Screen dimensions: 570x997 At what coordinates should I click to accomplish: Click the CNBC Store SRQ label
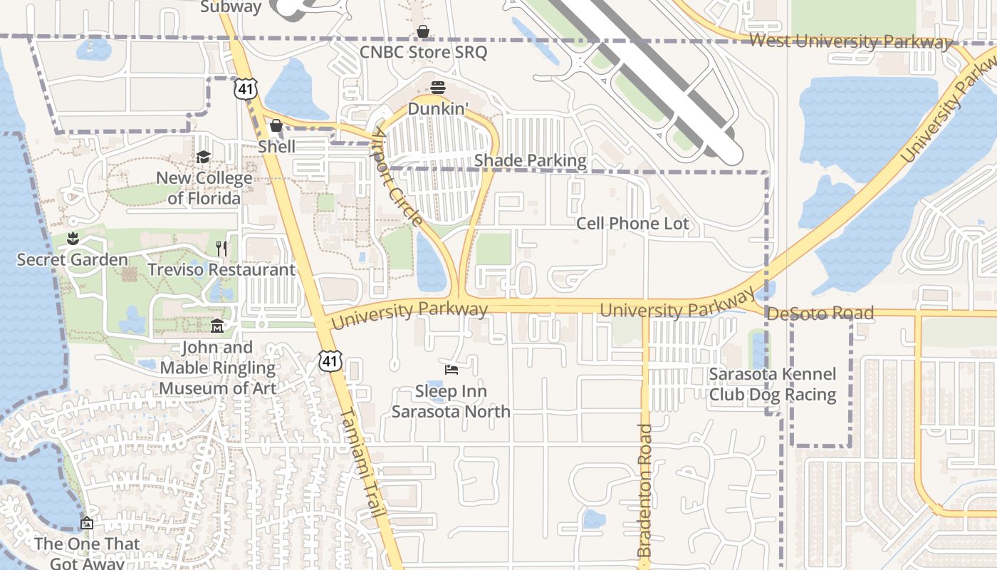click(423, 52)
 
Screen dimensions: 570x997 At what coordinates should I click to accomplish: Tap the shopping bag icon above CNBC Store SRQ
click(423, 31)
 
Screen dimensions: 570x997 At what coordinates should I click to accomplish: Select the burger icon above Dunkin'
click(437, 88)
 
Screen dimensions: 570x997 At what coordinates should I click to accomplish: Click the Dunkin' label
click(438, 109)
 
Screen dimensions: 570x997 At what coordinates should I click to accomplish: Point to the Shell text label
click(277, 146)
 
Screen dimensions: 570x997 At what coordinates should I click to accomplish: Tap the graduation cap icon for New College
click(204, 157)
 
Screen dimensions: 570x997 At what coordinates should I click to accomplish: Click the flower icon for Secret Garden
click(72, 239)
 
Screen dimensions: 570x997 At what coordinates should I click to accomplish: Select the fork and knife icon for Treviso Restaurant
click(221, 248)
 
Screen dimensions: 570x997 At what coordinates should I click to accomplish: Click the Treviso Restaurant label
click(221, 270)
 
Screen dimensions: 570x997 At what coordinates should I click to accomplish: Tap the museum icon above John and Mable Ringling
click(217, 326)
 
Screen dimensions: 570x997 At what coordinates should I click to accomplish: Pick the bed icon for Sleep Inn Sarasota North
click(451, 369)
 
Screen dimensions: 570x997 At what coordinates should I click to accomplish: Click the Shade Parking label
click(530, 160)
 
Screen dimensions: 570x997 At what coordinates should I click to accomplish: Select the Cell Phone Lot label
click(632, 224)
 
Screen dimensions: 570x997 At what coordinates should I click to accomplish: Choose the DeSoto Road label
click(820, 313)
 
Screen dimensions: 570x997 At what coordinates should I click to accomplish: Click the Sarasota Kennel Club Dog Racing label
click(772, 385)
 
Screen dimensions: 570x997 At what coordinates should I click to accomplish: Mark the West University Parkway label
click(850, 41)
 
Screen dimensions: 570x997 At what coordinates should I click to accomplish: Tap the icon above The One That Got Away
click(87, 523)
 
